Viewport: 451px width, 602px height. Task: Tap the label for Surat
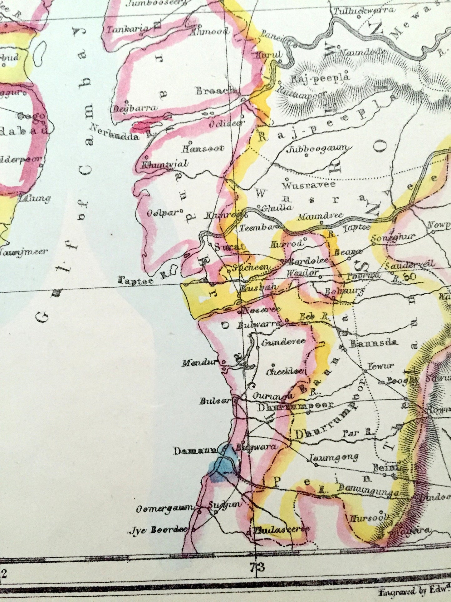click(230, 247)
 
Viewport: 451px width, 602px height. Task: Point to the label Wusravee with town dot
click(309, 185)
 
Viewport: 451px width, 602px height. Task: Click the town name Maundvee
click(320, 216)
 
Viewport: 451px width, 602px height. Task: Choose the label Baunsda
click(373, 343)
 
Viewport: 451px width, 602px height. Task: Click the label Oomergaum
click(165, 509)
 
